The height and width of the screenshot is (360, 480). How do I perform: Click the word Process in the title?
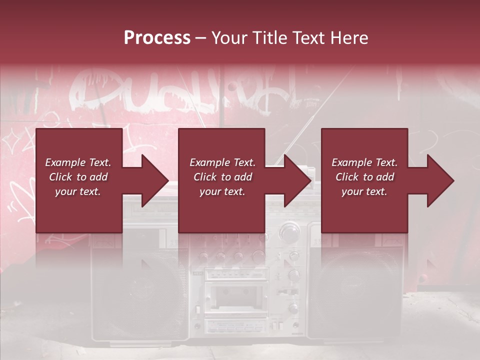point(157,37)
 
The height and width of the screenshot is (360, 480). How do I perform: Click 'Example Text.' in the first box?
point(78,162)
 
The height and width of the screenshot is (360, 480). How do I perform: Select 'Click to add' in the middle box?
point(222,177)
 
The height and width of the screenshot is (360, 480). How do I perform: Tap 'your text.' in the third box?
point(364,191)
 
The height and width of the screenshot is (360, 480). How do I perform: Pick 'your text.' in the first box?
point(78,191)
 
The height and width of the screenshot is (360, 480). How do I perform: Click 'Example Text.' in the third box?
point(364,162)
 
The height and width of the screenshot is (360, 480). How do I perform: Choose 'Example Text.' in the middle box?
point(222,162)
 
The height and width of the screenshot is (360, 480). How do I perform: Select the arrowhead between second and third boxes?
point(297,180)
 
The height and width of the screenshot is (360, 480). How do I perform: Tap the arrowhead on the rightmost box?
point(440,180)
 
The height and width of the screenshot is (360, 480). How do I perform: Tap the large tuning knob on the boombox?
point(289,233)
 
